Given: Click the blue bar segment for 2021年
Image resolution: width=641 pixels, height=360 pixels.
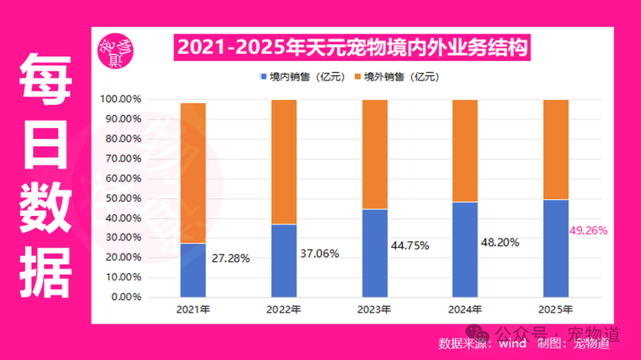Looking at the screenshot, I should pos(193,270).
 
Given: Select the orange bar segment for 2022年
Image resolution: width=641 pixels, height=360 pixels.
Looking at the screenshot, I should pos(284,162).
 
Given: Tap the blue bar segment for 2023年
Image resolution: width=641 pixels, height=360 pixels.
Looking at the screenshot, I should pos(375,253).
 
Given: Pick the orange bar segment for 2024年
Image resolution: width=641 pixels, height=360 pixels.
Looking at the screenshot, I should pos(465,150).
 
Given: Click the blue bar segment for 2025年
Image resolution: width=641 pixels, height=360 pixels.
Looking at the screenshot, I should pos(555,248).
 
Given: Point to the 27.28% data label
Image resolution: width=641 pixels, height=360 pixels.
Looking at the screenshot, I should pos(230,258).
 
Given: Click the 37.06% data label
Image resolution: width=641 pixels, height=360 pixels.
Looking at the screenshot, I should pos(320,253).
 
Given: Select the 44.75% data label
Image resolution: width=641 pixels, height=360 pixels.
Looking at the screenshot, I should pos(410,246).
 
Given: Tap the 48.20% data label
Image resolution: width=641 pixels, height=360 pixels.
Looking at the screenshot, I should pos(500,243).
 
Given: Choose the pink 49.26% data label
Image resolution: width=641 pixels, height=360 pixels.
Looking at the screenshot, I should pos(588,231).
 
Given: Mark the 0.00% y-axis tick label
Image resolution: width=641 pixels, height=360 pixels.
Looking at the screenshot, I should pos(127,297).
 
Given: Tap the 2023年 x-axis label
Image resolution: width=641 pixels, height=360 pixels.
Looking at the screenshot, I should pos(375,310).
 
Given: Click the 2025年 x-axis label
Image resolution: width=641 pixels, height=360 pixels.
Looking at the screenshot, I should pos(555,310).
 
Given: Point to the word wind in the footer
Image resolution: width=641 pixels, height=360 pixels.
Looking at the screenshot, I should pos(511,343).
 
